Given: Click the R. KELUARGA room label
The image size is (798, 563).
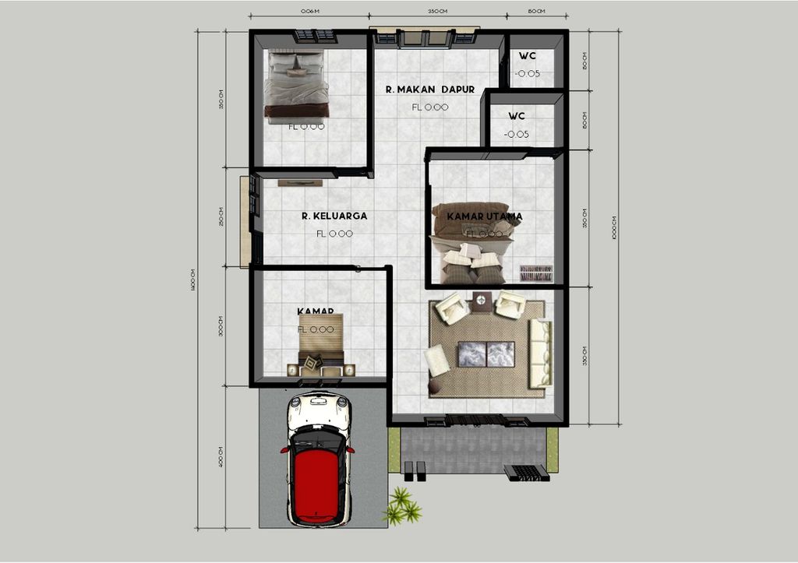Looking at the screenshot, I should coord(334,216).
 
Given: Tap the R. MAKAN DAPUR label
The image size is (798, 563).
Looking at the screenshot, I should coord(429,90).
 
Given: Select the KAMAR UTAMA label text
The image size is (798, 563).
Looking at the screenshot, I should coord(478,216).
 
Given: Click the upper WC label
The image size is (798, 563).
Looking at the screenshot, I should coord(528,56).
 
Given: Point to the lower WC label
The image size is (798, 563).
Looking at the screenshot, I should coord(517,116).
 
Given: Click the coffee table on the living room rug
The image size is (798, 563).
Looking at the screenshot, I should coord(486,354).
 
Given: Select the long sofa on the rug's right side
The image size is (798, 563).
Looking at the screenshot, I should coord(539,354).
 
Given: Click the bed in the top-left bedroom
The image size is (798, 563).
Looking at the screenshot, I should coord(296,84).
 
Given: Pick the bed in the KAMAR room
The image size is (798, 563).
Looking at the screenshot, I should coord(321,343).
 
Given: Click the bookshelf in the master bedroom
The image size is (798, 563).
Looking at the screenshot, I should coord(536,273).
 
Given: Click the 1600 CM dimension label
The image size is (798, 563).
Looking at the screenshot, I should coord(192,280).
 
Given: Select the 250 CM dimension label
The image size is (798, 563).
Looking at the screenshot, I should coord(221,216).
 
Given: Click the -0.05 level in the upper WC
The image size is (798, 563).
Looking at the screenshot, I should coord(528,74).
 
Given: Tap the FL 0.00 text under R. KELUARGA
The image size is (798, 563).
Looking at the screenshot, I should coord(334,234).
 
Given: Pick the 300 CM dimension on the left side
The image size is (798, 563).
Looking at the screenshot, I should coord(221,325).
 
